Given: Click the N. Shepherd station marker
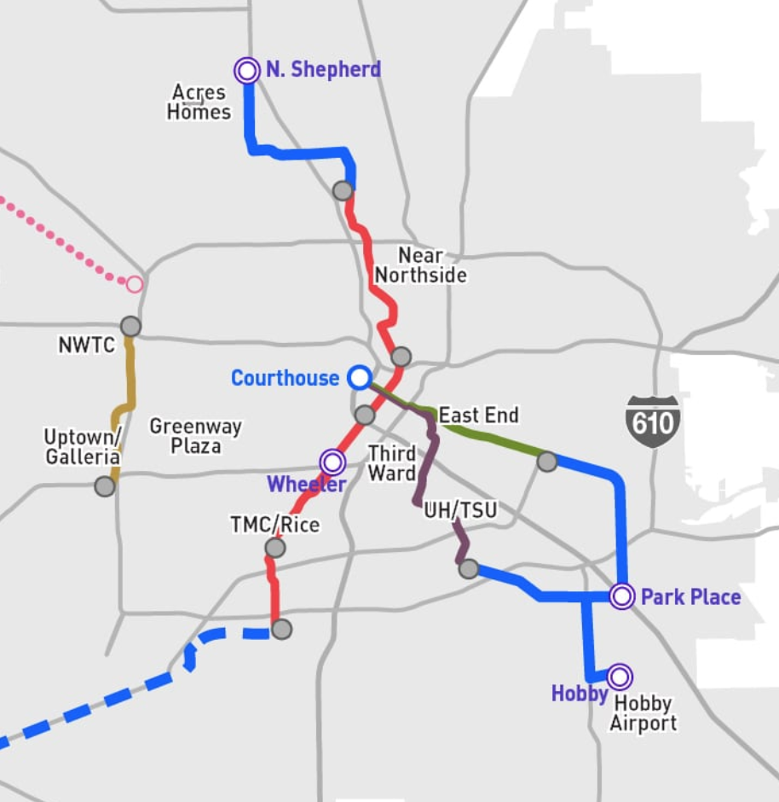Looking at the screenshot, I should (247, 70).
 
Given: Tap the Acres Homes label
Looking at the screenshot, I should (199, 102).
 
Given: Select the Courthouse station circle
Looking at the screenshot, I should (360, 377).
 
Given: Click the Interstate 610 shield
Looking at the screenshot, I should (653, 421).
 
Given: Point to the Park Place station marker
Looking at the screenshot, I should (622, 596).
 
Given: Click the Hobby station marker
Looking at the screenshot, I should (620, 677).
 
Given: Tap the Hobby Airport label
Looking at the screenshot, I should (643, 713).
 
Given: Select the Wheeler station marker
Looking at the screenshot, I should (332, 462).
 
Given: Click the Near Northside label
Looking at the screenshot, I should (421, 265).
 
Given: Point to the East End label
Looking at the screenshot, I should (478, 416).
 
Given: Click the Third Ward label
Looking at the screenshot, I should (392, 463).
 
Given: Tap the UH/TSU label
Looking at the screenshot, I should (460, 511).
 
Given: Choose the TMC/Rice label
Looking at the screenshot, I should (274, 524).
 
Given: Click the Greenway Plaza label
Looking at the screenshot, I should (195, 435).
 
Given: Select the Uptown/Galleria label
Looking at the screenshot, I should (82, 446).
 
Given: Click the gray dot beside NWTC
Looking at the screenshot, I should (130, 326).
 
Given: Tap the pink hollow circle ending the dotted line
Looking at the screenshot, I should (135, 284).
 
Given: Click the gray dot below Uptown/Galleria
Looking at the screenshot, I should (105, 486).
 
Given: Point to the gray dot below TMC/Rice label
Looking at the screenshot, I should (275, 548).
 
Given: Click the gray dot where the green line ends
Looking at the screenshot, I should (547, 462).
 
